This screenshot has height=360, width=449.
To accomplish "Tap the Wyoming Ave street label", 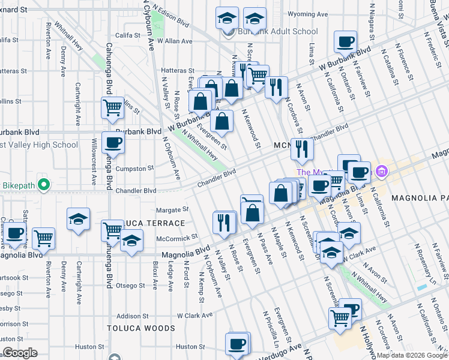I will [308, 14].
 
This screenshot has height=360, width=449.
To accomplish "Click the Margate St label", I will [172, 210].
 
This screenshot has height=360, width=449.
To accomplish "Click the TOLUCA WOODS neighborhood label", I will [141, 328].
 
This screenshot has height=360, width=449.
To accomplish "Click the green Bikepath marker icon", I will [43, 184].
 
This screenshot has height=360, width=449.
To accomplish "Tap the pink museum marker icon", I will [381, 173].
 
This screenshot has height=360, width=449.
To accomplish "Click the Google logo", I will [20, 353].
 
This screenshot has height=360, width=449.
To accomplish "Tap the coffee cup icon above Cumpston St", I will [113, 143].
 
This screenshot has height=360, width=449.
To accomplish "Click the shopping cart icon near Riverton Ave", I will [43, 238].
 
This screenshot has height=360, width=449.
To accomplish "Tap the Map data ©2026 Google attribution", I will [411, 355].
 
